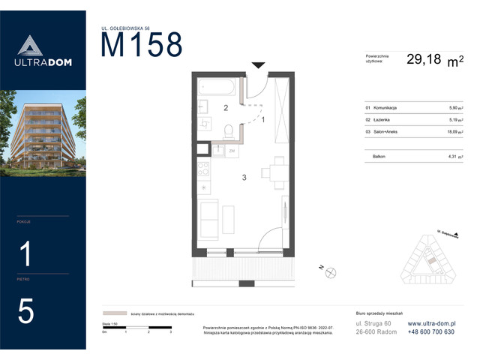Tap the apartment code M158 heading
142,46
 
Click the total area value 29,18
424,60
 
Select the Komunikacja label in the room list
382,108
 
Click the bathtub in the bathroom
217,88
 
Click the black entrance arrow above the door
257,66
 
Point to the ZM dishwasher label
232,151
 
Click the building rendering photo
43,133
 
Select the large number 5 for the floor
25,312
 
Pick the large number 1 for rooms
25,255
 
